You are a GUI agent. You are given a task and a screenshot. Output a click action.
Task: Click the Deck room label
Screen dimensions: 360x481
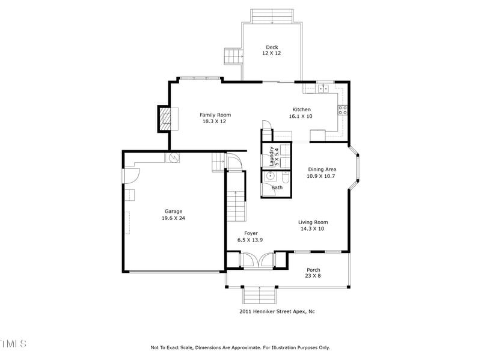[x=271, y=47]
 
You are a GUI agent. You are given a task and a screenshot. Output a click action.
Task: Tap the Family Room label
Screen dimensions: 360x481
[x=215, y=115]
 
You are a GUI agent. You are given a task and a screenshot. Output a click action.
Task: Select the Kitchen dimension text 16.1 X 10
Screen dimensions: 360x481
[x=301, y=116]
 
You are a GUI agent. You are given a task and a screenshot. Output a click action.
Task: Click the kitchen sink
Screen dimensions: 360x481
[x=323, y=88]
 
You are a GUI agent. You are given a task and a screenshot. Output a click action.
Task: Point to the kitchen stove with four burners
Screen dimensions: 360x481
[x=343, y=109]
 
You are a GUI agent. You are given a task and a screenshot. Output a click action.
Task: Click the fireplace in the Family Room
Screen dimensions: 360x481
[x=165, y=118]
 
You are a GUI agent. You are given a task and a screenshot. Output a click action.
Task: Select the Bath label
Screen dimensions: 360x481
[x=277, y=188]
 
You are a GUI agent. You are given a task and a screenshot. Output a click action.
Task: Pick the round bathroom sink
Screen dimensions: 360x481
[x=271, y=177]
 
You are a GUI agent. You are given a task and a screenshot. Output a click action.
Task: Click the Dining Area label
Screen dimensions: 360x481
[x=322, y=169]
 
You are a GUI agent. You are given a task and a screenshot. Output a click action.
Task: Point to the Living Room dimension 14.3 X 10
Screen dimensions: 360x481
[x=313, y=229]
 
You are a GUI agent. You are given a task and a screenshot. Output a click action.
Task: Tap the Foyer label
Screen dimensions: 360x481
[x=251, y=233]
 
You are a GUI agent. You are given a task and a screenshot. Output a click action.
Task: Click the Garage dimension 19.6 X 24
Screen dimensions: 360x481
[x=173, y=218]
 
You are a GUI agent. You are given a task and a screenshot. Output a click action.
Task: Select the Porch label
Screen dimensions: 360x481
[x=313, y=270]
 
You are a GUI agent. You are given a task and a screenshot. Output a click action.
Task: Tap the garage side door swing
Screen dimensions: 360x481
[x=131, y=175]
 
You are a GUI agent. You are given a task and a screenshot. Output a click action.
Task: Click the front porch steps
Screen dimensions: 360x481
[x=259, y=295]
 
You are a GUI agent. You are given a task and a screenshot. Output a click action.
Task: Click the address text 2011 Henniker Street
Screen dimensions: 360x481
[x=277, y=311]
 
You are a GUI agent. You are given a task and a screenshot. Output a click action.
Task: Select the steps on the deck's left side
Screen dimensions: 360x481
[x=233, y=56]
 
